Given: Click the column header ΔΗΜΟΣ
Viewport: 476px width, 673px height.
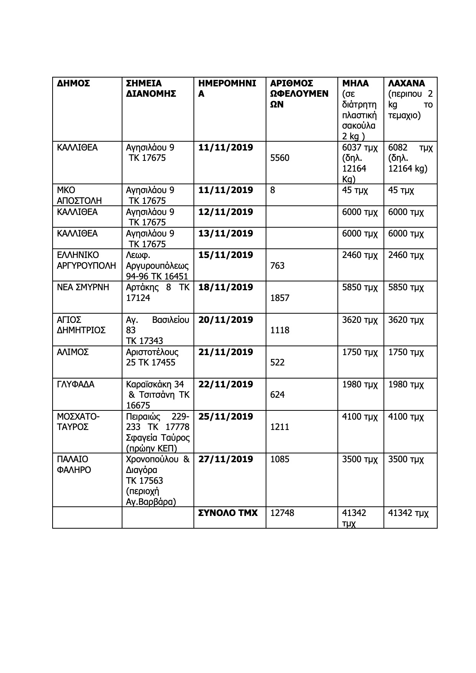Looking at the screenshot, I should pyautogui.click(x=73, y=83).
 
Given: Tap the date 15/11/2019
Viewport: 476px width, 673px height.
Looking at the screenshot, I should pyautogui.click(x=226, y=255).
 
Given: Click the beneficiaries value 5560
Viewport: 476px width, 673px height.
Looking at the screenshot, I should pyautogui.click(x=280, y=158).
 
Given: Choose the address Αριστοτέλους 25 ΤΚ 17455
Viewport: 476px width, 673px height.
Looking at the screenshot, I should pyautogui.click(x=152, y=357).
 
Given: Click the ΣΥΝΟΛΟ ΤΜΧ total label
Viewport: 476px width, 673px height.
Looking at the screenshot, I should pyautogui.click(x=228, y=513).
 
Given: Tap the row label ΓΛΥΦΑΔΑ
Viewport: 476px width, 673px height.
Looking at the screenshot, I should pyautogui.click(x=76, y=385).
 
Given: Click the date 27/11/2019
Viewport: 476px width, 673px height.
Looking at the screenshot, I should pyautogui.click(x=226, y=460).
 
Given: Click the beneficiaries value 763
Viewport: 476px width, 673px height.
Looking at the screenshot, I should pyautogui.click(x=278, y=266).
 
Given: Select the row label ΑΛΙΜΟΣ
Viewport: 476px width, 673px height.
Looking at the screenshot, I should pyautogui.click(x=73, y=352).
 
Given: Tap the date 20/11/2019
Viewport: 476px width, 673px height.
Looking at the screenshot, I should pyautogui.click(x=226, y=320).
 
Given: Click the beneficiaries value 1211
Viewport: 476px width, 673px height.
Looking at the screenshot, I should pyautogui.click(x=280, y=427).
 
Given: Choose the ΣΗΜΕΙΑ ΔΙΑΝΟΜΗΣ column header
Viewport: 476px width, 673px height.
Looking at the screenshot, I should pyautogui.click(x=151, y=89).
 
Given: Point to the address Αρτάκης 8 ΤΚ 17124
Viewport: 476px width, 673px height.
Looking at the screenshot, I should pyautogui.click(x=157, y=293).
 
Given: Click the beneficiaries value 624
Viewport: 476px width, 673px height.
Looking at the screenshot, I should pyautogui.click(x=278, y=395).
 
